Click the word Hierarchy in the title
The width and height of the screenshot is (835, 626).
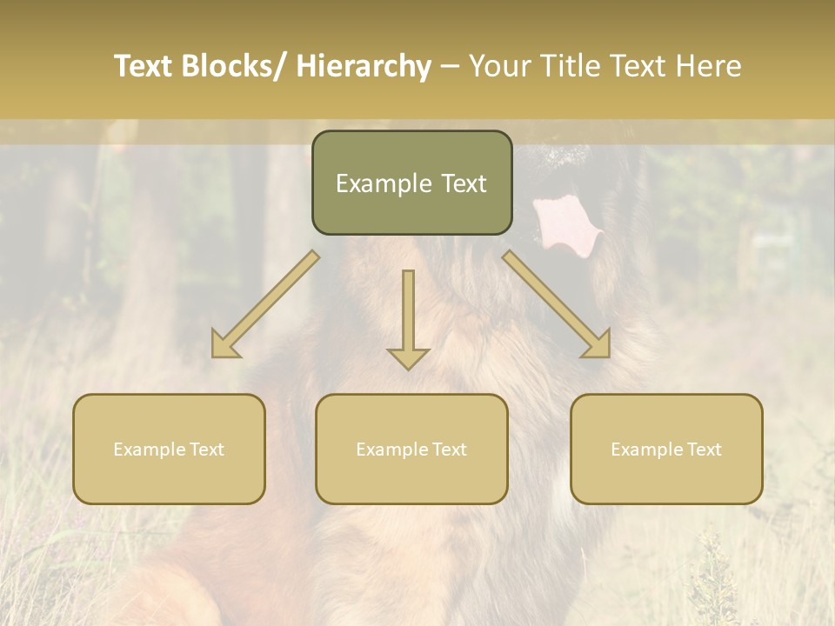click(x=364, y=67)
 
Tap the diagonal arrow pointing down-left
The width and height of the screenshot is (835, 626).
click(x=265, y=304)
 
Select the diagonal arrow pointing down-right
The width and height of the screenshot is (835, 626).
click(x=557, y=304)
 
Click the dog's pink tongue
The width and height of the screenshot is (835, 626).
click(x=565, y=224)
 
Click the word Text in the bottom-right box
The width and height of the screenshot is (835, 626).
click(x=704, y=450)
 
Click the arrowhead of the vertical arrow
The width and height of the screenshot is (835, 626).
click(x=408, y=358)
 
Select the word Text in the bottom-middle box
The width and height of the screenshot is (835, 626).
click(x=449, y=450)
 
